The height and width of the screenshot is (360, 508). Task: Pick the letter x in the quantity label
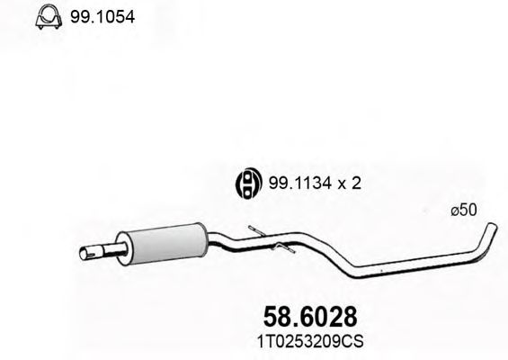tap(340, 183)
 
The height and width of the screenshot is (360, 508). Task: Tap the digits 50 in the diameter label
tap(468, 210)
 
